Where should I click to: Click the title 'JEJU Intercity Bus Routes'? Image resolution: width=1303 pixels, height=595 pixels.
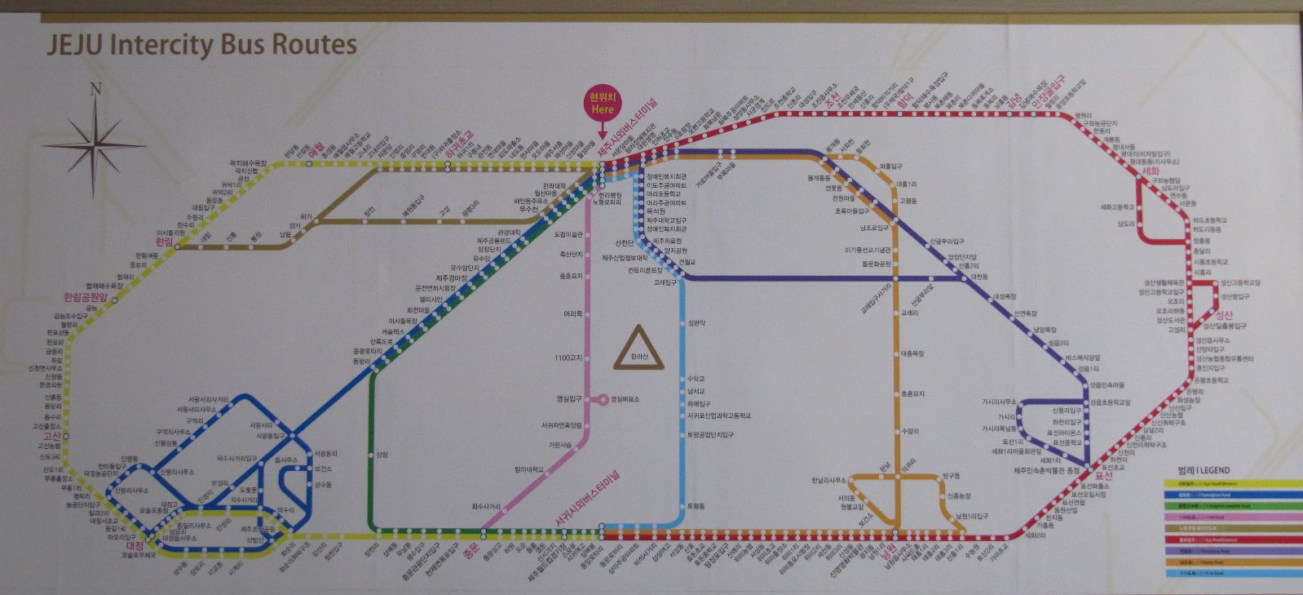201,44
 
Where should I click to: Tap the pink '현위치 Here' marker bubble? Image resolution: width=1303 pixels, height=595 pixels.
603,104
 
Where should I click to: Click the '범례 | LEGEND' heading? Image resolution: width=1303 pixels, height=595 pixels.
1204,471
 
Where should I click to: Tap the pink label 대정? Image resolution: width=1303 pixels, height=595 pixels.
135,545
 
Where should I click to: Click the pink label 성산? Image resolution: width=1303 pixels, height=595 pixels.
1224,316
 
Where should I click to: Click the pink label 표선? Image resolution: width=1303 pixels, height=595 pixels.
1104,476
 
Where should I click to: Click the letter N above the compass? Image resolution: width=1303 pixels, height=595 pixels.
95,89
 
